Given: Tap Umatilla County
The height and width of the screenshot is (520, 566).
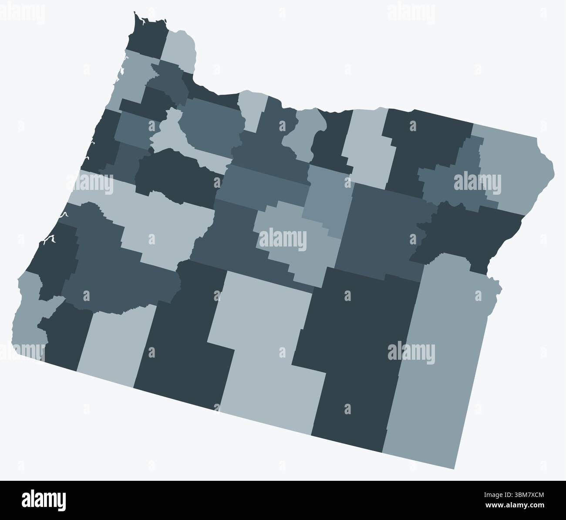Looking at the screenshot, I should (427, 144).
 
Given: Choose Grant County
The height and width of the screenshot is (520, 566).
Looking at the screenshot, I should (379, 231).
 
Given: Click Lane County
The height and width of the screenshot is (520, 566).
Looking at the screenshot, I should (161, 218).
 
